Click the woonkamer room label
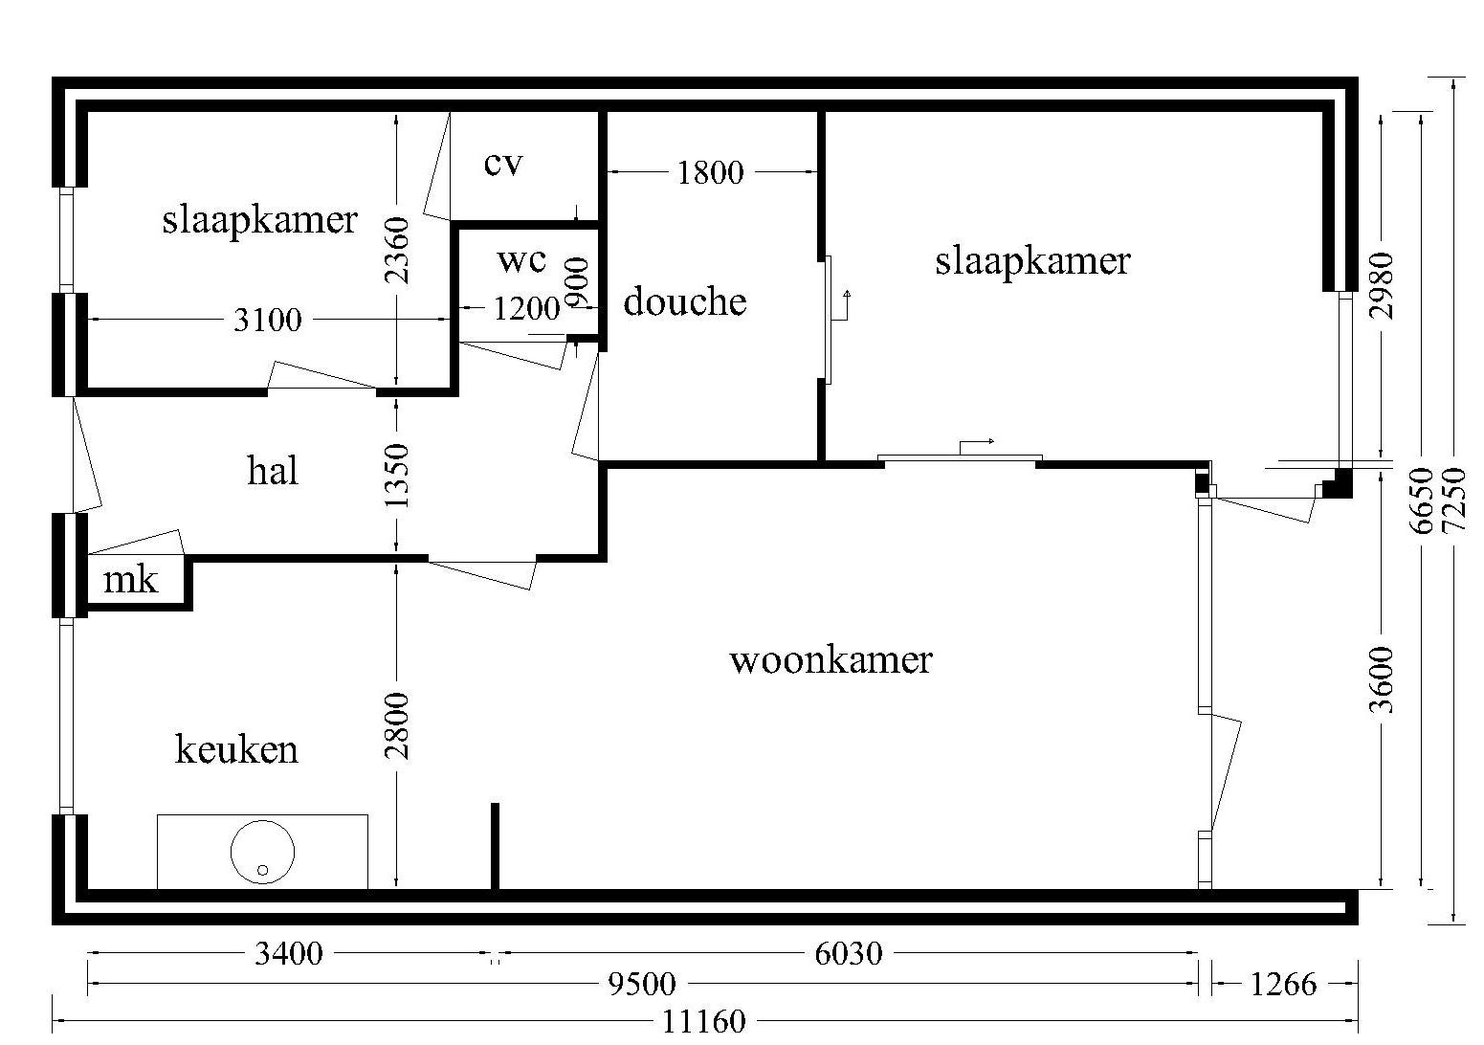click(x=830, y=660)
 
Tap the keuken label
click(x=236, y=748)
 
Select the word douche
click(x=684, y=301)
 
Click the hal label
click(x=273, y=471)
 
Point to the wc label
click(x=521, y=259)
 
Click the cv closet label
click(x=503, y=164)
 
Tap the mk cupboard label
click(x=130, y=580)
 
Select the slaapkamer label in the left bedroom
click(x=259, y=220)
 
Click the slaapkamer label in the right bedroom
click(x=1032, y=260)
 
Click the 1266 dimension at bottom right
click(x=1283, y=984)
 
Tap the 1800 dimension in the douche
click(x=710, y=173)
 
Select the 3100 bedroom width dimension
click(x=267, y=320)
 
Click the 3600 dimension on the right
click(x=1382, y=679)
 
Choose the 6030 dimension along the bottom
click(x=848, y=954)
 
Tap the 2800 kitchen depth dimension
click(x=396, y=725)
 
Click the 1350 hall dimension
click(x=396, y=476)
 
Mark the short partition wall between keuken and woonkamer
click(x=495, y=846)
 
